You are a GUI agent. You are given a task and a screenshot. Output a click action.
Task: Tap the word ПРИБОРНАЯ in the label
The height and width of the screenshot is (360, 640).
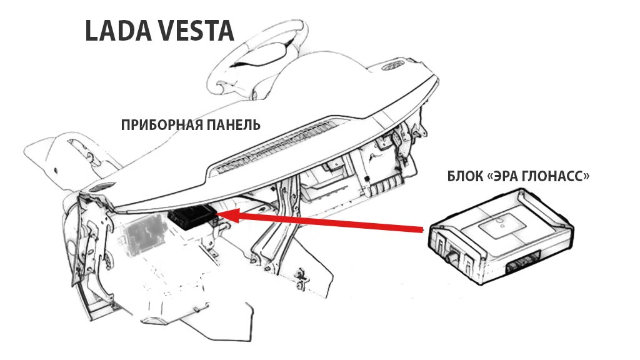161,124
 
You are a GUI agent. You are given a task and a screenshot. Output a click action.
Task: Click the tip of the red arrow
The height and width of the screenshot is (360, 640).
219,216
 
